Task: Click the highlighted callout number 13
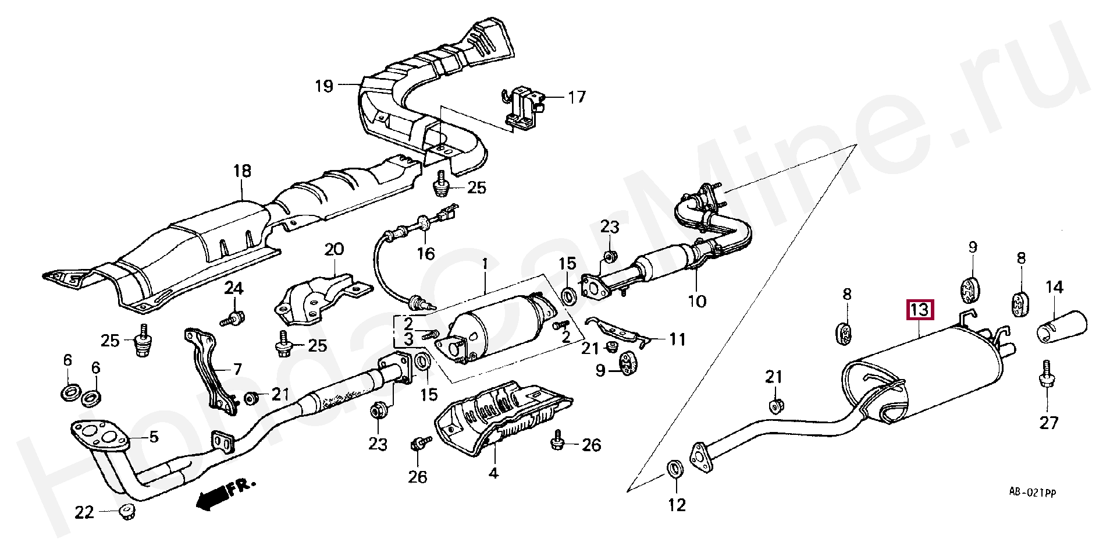[919, 310]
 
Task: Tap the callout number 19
[325, 87]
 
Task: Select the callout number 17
[576, 97]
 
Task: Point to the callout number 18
[242, 171]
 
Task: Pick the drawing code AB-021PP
[1032, 493]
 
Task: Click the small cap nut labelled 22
[126, 512]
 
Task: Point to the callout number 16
[425, 254]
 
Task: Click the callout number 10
[697, 301]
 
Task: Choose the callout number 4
[493, 473]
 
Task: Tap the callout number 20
[334, 250]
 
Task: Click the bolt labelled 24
[233, 318]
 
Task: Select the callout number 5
[154, 437]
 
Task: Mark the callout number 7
[237, 369]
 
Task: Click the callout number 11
[677, 339]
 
